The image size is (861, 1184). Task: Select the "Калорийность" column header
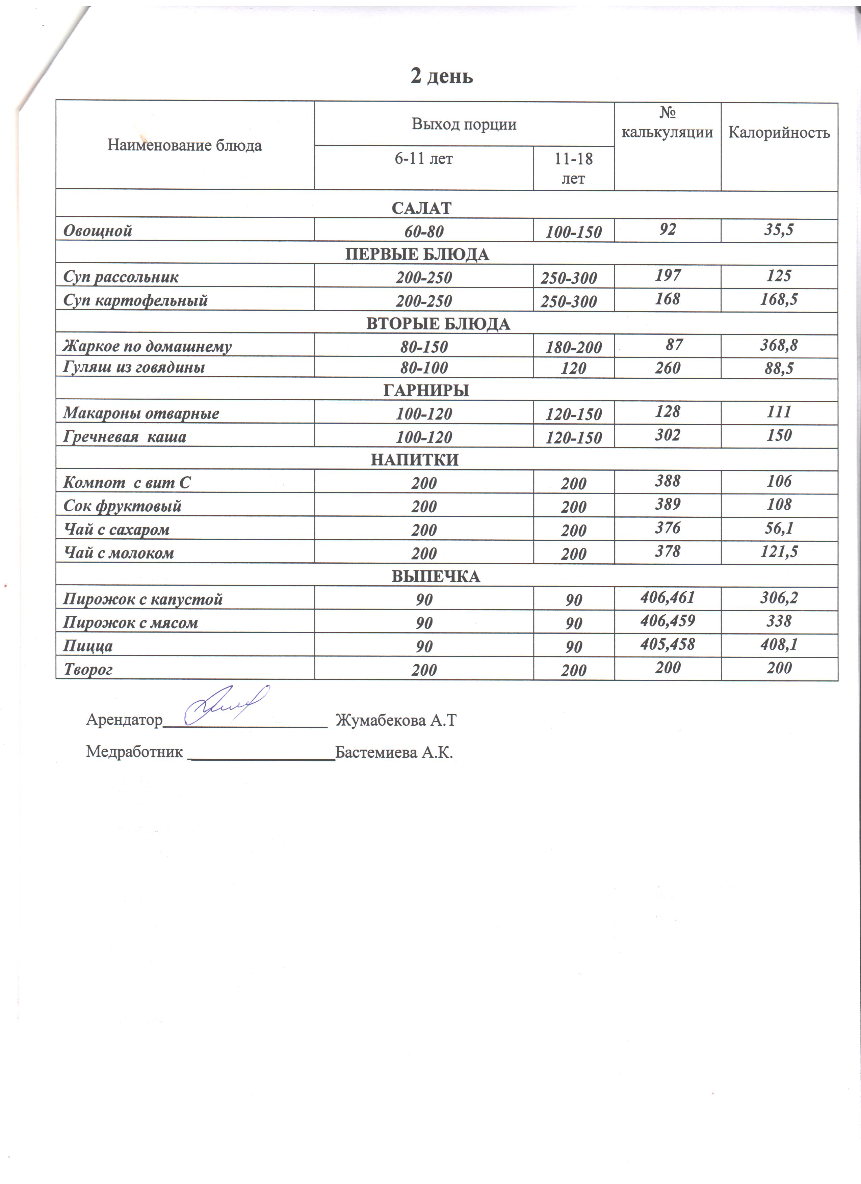point(779,133)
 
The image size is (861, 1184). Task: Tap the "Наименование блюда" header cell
point(184,145)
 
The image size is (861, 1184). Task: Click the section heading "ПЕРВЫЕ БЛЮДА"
point(417,254)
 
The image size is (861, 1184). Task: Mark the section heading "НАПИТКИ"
point(415,459)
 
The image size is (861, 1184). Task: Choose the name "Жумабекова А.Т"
point(396,720)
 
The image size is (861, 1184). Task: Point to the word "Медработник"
point(134,752)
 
